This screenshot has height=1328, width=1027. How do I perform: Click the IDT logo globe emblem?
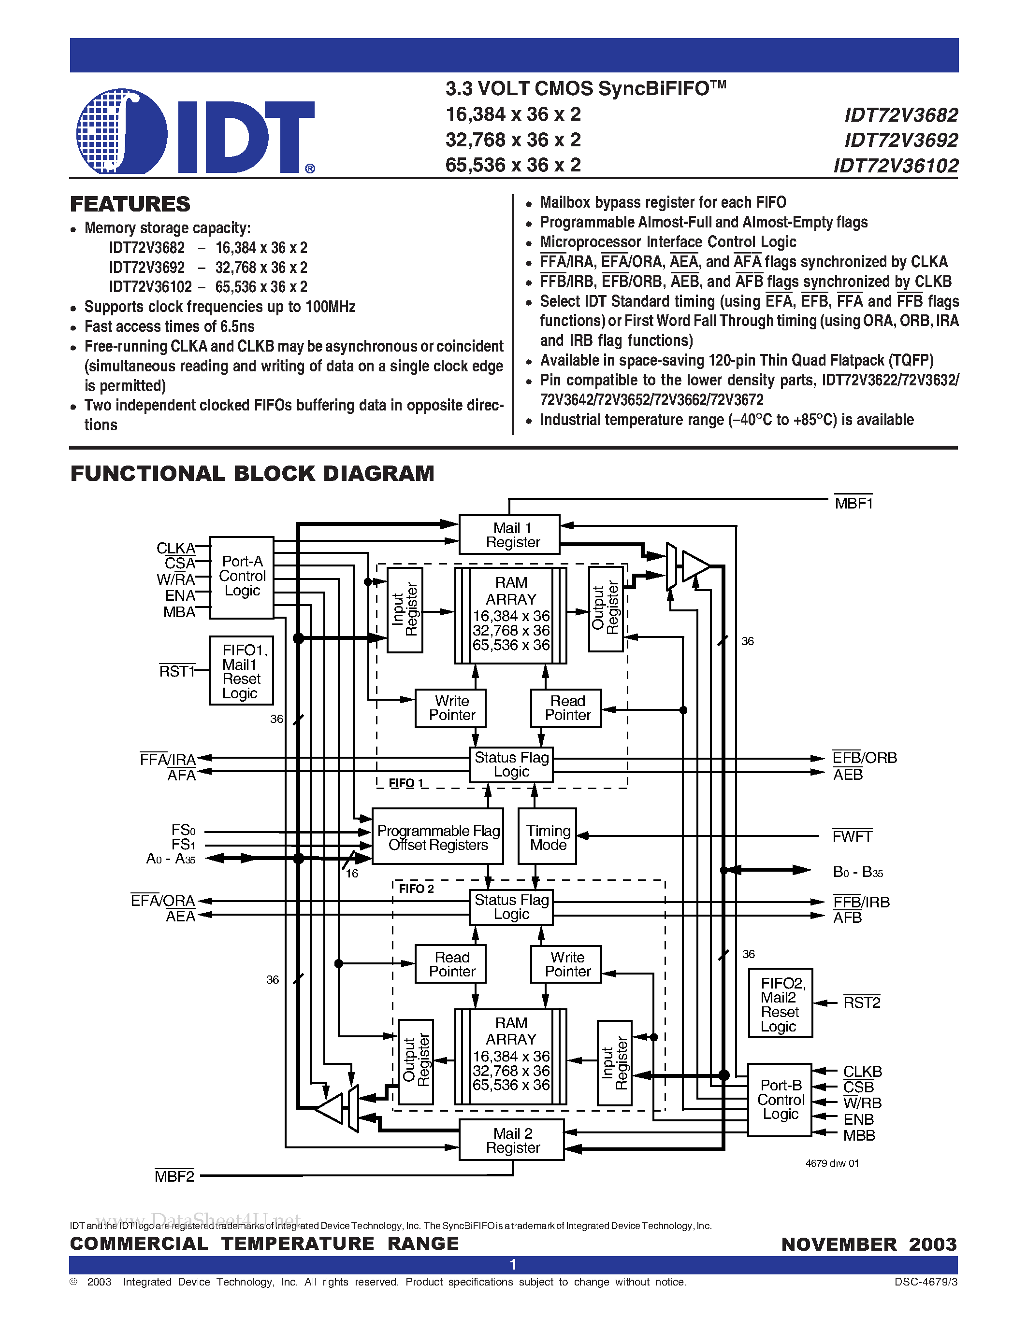pyautogui.click(x=122, y=131)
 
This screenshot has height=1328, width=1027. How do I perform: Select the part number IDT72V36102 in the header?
pyautogui.click(x=896, y=165)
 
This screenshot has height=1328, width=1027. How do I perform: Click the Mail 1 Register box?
pyautogui.click(x=509, y=535)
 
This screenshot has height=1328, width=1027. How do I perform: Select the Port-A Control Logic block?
pyautogui.click(x=242, y=577)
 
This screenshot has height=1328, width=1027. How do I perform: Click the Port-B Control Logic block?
pyautogui.click(x=780, y=1100)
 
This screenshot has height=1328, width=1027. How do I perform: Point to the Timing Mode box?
pyautogui.click(x=547, y=837)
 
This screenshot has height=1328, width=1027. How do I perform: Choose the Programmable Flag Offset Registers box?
pyautogui.click(x=437, y=837)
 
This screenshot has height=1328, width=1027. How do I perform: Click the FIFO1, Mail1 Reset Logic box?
pyautogui.click(x=241, y=671)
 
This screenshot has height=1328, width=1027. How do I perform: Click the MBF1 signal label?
pyautogui.click(x=853, y=503)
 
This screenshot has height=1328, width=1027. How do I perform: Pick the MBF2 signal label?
pyautogui.click(x=174, y=1176)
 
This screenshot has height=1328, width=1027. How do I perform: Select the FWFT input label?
pyautogui.click(x=852, y=836)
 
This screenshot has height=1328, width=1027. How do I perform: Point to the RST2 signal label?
pyautogui.click(x=862, y=1002)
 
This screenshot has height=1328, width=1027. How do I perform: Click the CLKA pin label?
pyautogui.click(x=175, y=548)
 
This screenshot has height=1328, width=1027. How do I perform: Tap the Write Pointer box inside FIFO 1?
pyautogui.click(x=451, y=708)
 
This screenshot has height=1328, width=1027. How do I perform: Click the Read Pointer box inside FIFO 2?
pyautogui.click(x=451, y=964)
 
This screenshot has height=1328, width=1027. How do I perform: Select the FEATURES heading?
pyautogui.click(x=130, y=204)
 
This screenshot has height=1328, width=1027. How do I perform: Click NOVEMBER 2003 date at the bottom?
pyautogui.click(x=869, y=1243)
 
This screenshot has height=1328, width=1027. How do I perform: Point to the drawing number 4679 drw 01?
pyautogui.click(x=832, y=1163)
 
